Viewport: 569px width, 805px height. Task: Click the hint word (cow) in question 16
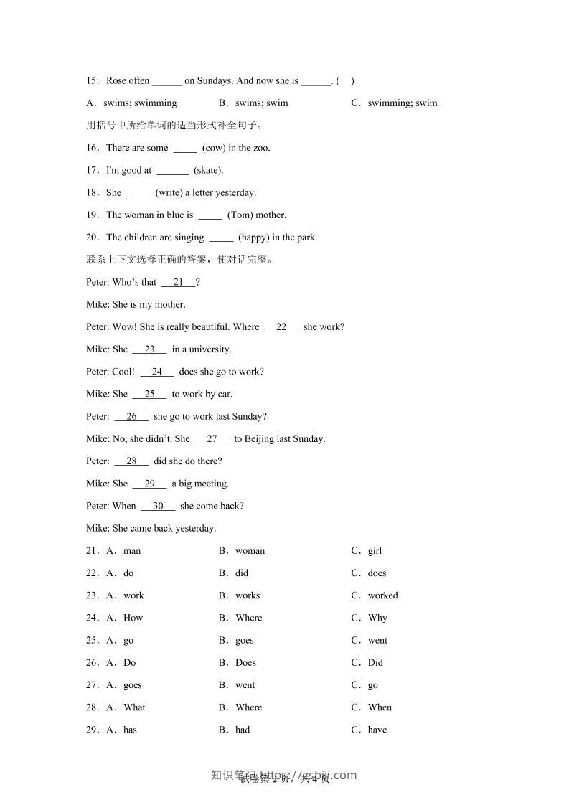tap(214, 148)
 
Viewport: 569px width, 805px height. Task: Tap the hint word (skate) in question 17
tap(209, 170)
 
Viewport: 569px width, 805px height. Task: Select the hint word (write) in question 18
tap(169, 192)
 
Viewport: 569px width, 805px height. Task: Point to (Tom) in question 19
tap(240, 215)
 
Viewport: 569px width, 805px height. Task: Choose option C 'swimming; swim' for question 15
tap(402, 103)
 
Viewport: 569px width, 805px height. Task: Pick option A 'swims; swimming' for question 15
tap(140, 103)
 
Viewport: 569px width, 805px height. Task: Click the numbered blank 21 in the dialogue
tap(179, 282)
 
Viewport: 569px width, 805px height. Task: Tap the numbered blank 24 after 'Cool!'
tap(156, 372)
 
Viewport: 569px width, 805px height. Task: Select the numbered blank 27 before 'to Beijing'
tap(212, 438)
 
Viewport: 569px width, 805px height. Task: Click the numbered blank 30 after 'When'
tap(158, 506)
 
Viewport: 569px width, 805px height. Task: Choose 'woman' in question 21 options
tap(250, 551)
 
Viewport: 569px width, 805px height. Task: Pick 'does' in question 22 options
tap(377, 573)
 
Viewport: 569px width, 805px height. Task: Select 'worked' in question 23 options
tap(382, 595)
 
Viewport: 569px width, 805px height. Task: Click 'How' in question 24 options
tap(133, 618)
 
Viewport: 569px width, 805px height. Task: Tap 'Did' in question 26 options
tap(375, 662)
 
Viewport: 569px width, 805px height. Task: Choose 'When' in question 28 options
tap(380, 707)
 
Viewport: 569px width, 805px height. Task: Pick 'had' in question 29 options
tap(243, 730)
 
